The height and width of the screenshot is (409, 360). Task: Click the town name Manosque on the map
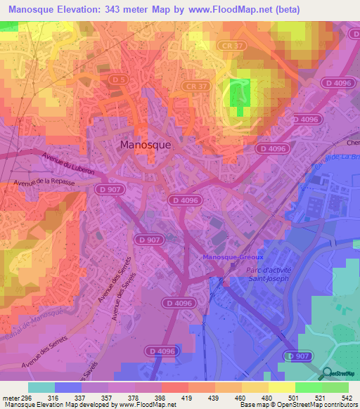pos(146,145)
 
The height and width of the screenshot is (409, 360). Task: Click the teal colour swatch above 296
pos(41,387)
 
